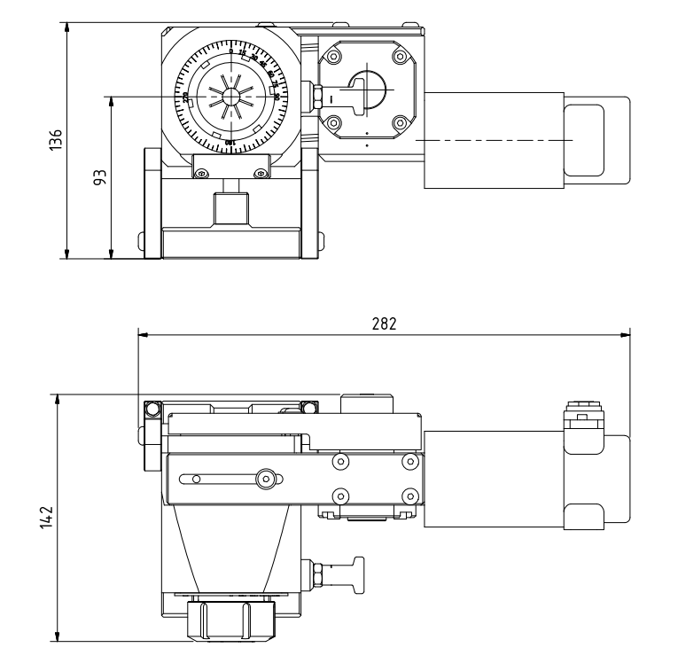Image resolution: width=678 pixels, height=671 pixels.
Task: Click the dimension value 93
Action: tap(99, 177)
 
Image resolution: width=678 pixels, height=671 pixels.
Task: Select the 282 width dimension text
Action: tap(383, 324)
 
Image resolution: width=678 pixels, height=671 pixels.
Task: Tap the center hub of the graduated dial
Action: tap(231, 96)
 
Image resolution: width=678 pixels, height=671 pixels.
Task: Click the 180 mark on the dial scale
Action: tap(230, 142)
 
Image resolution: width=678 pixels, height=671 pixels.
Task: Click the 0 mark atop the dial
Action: tap(231, 51)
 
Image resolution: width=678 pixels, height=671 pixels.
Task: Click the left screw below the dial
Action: tap(202, 173)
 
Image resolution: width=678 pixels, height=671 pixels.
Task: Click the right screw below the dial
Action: tap(260, 173)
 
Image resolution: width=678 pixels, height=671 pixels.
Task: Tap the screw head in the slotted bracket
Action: tap(263, 479)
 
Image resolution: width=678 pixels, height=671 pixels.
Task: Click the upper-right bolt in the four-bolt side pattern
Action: tap(408, 462)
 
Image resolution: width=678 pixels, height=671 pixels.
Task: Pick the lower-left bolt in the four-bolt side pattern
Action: tap(339, 494)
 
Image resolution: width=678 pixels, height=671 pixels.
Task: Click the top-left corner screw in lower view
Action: tap(151, 408)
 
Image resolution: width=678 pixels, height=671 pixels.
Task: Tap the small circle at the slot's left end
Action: tap(197, 480)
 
